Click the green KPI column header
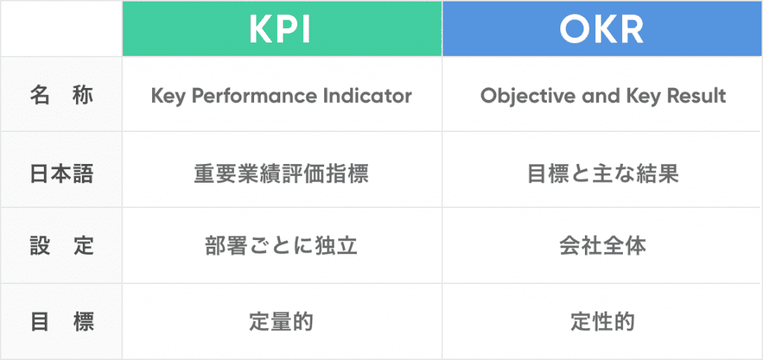[x=282, y=28]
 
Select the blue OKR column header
[x=602, y=28]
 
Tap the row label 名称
[x=62, y=96]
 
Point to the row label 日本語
[x=62, y=173]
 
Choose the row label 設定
[x=62, y=246]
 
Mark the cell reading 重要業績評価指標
[x=281, y=173]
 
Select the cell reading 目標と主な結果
[x=602, y=173]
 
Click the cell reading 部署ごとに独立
[x=281, y=246]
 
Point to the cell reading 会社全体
[x=602, y=246]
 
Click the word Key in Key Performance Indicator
[x=165, y=96]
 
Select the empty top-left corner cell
[x=61, y=28]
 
